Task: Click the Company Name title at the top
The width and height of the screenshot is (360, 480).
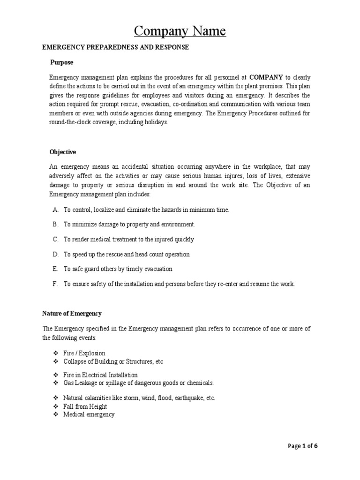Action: tap(180, 31)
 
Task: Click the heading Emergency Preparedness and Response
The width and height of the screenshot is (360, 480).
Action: tap(115, 47)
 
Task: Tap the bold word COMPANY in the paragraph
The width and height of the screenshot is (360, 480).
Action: tap(266, 77)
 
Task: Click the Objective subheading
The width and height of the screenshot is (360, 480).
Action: tap(63, 152)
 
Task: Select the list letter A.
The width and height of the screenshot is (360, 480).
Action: tap(55, 210)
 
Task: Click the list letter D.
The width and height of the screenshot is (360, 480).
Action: tap(55, 255)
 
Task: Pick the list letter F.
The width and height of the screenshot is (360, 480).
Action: tap(55, 284)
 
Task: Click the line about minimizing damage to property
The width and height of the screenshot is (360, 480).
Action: tap(129, 225)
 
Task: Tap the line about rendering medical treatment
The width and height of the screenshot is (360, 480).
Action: tap(129, 240)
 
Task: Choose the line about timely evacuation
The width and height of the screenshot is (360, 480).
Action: tap(118, 269)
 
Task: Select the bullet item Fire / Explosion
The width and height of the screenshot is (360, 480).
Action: tap(84, 353)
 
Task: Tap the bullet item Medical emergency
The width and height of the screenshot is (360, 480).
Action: tap(89, 415)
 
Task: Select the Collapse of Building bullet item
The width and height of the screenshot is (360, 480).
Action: tap(113, 362)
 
